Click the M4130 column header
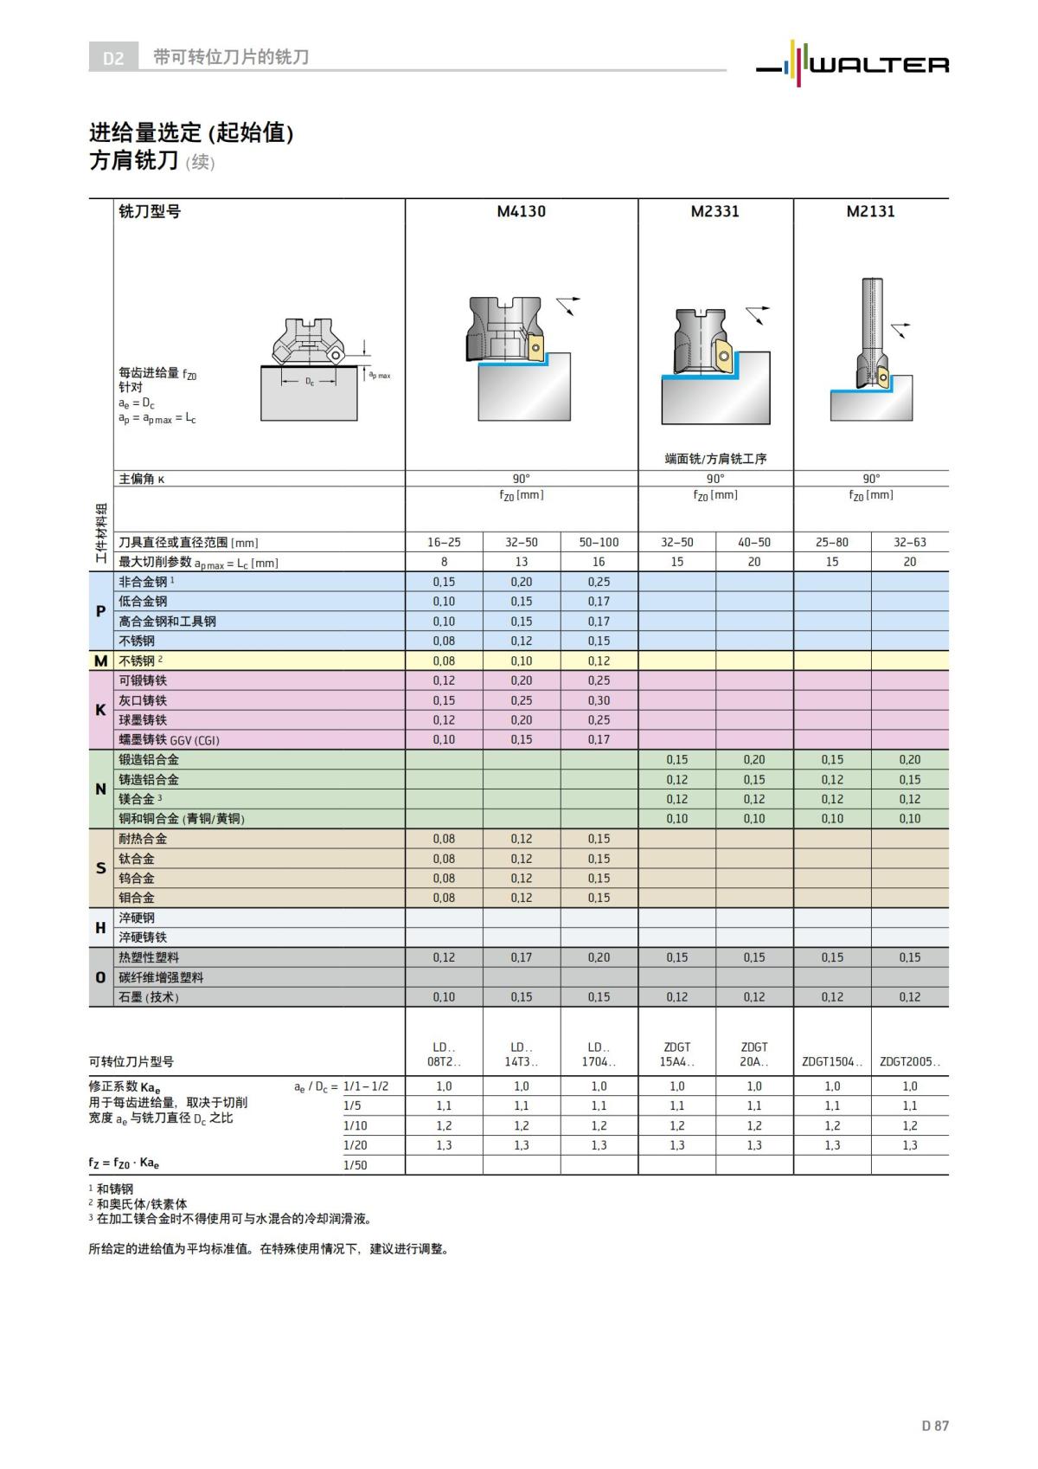tap(521, 211)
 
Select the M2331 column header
tap(715, 211)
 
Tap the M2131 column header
tap(870, 211)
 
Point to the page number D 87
tap(934, 1425)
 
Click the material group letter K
tap(100, 710)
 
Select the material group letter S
tap(100, 868)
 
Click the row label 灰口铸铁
tap(143, 700)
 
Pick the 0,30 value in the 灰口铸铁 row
tap(599, 700)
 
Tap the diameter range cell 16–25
tap(444, 542)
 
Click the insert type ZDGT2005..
tap(909, 1061)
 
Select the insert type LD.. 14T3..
tap(521, 1053)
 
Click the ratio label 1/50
tap(355, 1164)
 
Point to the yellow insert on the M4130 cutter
tap(536, 351)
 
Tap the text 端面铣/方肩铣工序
tap(715, 459)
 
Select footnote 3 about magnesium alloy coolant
tap(234, 1219)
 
